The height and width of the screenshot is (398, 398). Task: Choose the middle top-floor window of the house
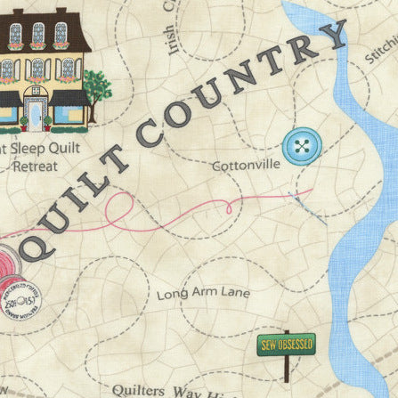click(x=37, y=33)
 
